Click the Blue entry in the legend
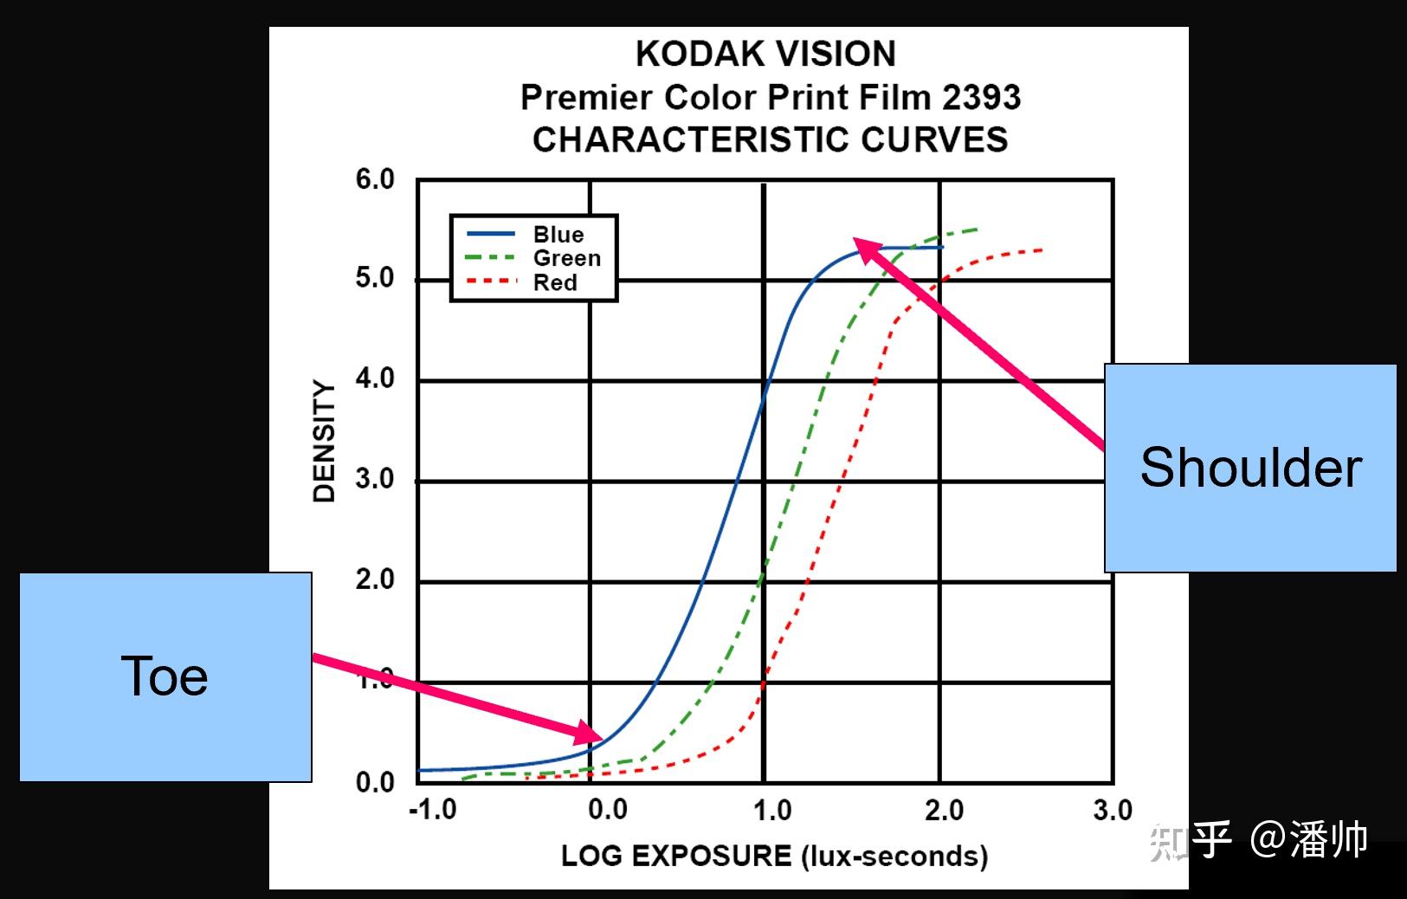coord(558,234)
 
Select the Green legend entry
coord(566,258)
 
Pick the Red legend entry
coord(555,282)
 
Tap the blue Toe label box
coord(165,676)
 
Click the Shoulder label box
coord(1250,468)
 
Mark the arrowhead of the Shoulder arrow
coord(862,245)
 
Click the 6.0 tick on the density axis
coord(374,180)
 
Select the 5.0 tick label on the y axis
coord(374,279)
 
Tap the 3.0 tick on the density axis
coord(374,479)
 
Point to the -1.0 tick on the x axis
coord(432,811)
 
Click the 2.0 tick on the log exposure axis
coord(944,811)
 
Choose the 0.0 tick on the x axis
coord(607,811)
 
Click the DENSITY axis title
coord(324,441)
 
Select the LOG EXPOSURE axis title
coord(774,857)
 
